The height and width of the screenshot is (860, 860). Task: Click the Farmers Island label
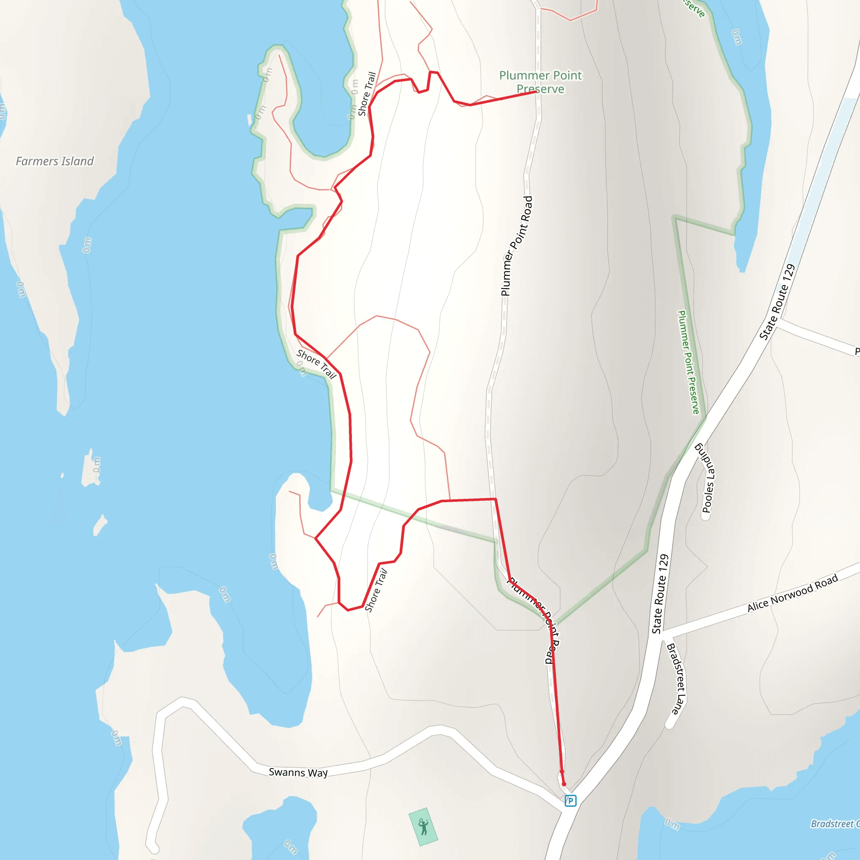click(55, 161)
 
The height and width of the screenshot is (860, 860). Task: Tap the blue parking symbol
click(570, 801)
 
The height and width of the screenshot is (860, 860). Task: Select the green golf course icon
click(423, 827)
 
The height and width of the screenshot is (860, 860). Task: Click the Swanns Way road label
click(298, 772)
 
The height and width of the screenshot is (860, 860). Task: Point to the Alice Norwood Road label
click(793, 593)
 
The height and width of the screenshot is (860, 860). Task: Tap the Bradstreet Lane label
click(676, 679)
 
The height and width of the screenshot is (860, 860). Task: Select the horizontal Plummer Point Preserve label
click(540, 82)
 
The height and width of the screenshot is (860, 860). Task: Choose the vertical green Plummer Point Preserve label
click(688, 362)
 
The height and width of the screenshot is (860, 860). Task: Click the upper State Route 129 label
click(777, 302)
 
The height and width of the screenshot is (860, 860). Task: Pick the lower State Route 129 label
click(660, 594)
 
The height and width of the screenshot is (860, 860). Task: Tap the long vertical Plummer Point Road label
click(517, 246)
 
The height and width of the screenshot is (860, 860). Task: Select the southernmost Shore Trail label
click(376, 591)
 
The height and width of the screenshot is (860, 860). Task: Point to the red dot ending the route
click(564, 784)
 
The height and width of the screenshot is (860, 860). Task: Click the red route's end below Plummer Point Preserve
click(535, 91)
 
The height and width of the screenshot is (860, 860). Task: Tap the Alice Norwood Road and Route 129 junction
click(662, 632)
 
